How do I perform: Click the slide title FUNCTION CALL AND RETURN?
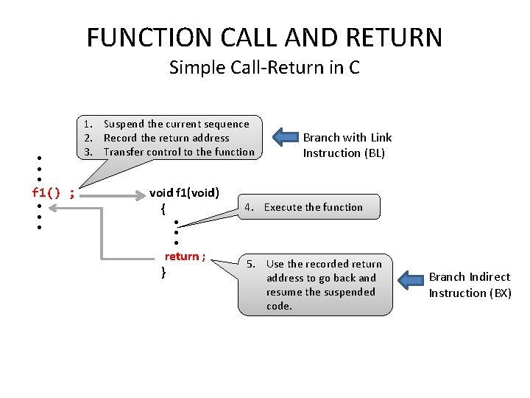(264, 37)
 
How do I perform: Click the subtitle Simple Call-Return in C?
(264, 68)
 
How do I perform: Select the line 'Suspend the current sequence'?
(176, 124)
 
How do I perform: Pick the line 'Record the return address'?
(166, 138)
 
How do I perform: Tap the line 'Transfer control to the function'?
(179, 152)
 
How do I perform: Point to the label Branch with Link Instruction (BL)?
(347, 145)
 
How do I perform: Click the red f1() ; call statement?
(53, 193)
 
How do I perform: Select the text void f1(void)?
(184, 193)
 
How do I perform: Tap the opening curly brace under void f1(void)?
(162, 209)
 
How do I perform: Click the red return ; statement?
(184, 256)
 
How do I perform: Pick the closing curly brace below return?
(163, 272)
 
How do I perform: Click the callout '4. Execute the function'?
(313, 207)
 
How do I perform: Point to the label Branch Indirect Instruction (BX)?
(470, 284)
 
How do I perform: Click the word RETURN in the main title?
(394, 37)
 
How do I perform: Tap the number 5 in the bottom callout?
(250, 264)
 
